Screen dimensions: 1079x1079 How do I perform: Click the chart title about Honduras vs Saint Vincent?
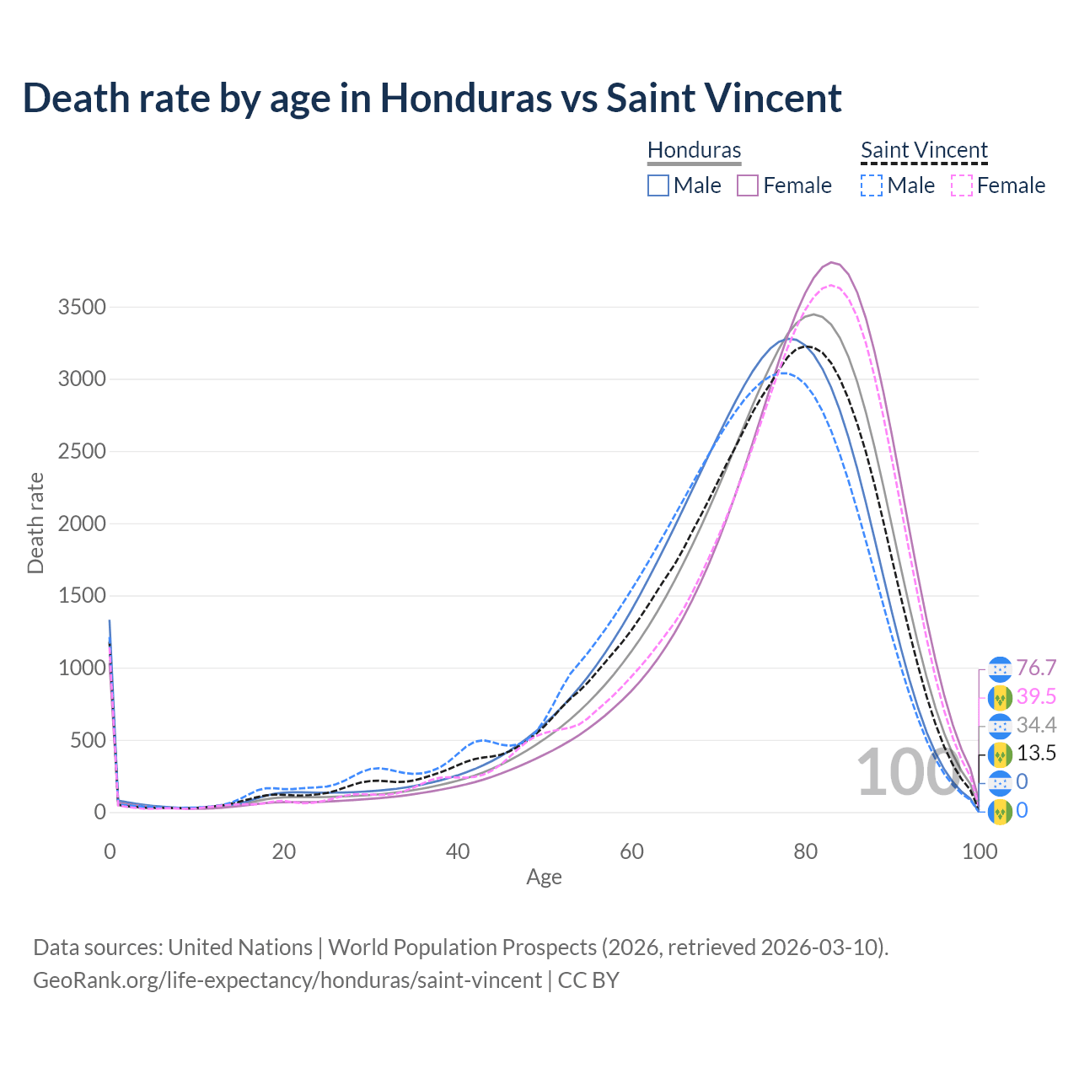[432, 98]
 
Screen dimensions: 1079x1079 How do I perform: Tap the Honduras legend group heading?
[694, 150]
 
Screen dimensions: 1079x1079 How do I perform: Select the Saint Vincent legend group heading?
[924, 150]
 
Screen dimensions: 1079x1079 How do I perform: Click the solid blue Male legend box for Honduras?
[658, 185]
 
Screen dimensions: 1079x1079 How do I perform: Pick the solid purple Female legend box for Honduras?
[748, 185]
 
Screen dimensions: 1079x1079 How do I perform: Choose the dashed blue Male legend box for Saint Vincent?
[872, 185]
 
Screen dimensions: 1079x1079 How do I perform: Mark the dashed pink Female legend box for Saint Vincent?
[962, 185]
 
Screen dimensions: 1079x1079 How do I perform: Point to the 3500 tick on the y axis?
[82, 307]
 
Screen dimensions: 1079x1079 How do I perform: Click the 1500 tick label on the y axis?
[82, 596]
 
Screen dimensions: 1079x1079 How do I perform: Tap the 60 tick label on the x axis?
[631, 851]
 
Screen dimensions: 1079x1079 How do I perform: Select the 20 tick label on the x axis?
[283, 851]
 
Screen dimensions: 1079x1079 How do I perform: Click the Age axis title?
[544, 877]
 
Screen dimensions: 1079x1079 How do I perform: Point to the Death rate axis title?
[35, 523]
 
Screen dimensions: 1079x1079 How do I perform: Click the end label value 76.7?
[1036, 668]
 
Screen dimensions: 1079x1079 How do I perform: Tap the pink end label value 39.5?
[1036, 696]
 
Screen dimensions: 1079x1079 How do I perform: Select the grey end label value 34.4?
[1036, 725]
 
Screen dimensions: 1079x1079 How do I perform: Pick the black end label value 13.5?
[1036, 753]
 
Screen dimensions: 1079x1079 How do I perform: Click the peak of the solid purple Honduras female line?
[831, 262]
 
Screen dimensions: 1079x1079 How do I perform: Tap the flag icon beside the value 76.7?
[1000, 668]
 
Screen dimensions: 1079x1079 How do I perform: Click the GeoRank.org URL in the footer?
[287, 980]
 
